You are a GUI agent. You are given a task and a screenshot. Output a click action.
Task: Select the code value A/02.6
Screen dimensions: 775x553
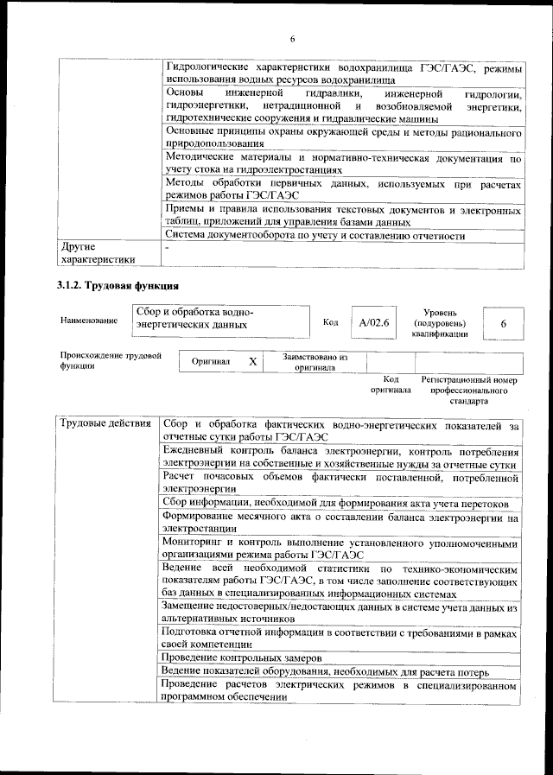[x=374, y=322]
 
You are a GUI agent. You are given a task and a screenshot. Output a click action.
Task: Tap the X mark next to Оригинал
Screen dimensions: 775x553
[x=252, y=361]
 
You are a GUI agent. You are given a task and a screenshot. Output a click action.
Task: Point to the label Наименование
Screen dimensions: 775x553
[x=89, y=321]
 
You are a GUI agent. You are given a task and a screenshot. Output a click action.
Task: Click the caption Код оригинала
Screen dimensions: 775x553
[x=391, y=384]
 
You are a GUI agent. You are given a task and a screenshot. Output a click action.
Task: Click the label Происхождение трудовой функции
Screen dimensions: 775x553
[x=111, y=360]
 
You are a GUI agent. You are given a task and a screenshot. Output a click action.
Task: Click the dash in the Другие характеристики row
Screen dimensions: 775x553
[x=168, y=247]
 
